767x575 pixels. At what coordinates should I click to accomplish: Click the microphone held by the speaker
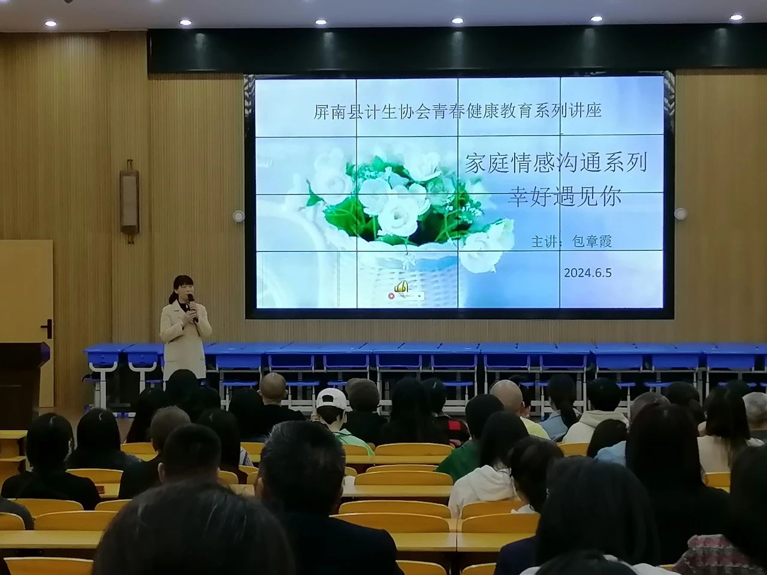click(191, 303)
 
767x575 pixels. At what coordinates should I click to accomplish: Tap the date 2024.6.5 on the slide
click(588, 273)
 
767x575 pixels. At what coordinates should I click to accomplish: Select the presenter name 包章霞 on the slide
click(591, 241)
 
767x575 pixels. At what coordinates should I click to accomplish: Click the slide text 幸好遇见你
click(563, 197)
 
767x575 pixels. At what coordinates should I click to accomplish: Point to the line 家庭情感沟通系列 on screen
click(555, 164)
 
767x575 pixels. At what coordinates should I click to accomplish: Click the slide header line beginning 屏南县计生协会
click(457, 111)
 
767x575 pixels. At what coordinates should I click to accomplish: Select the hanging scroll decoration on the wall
click(129, 201)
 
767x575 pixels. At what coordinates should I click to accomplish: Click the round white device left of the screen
click(238, 216)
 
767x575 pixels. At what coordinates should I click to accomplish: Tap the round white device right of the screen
click(680, 213)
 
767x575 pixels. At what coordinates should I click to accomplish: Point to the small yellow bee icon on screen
click(401, 287)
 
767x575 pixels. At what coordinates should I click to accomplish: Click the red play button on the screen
click(391, 296)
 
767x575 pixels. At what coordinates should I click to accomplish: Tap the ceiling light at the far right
click(736, 17)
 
